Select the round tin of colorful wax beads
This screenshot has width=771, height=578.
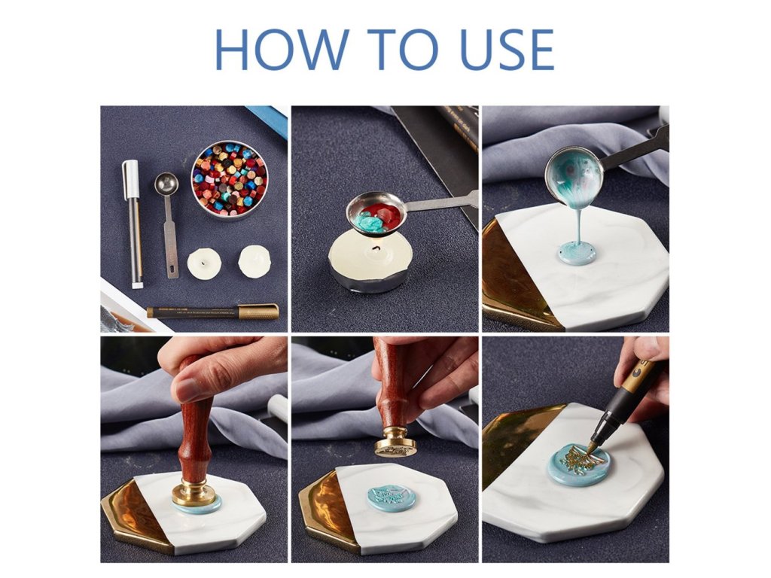pos(229,179)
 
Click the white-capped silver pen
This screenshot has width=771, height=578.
pos(133,224)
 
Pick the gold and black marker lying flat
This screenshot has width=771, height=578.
pos(212,312)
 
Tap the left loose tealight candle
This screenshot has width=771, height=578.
pos(203,263)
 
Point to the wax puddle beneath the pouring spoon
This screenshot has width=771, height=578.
pos(579,254)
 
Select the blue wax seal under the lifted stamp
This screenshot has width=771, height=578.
pos(390,500)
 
